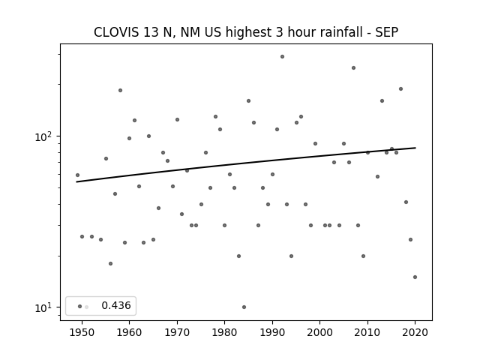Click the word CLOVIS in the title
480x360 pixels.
pos(116,32)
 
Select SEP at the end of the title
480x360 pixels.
pos(387,32)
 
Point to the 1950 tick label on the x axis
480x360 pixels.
pos(82,332)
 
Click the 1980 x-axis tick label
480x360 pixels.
pos(224,332)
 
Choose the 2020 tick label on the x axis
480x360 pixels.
pos(415,332)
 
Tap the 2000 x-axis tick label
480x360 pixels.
pos(319,332)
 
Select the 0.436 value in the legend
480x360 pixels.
pos(116,305)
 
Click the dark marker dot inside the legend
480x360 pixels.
pos(80,307)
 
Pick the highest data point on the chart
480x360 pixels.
pos(282,57)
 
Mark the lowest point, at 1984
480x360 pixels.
pos(244,307)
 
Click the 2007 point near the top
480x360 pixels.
pos(353,68)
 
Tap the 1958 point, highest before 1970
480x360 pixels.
pos(120,90)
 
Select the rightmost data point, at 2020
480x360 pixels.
pos(415,277)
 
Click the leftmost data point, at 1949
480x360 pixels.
pos(77,175)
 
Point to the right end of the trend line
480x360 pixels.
pos(415,148)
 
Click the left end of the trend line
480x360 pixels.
pos(76,181)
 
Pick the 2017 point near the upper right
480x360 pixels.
pos(400,88)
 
